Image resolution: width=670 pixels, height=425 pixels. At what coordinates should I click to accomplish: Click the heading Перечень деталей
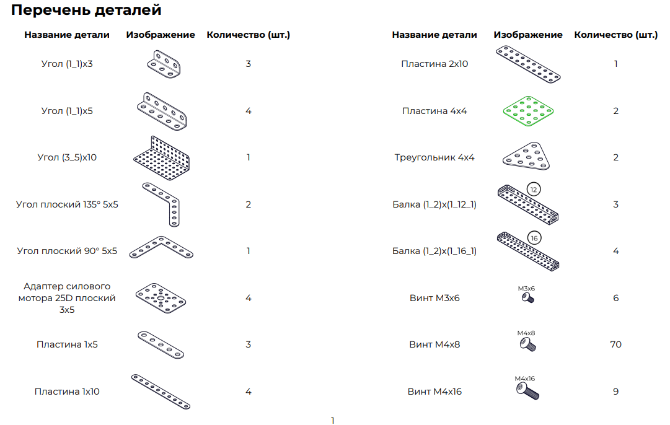[x=86, y=10]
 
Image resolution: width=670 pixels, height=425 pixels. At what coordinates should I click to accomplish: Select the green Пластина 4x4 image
[x=527, y=112]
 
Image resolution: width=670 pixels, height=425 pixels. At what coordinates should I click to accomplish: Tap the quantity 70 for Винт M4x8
[x=615, y=344]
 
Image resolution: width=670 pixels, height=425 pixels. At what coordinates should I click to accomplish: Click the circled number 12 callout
[x=533, y=188]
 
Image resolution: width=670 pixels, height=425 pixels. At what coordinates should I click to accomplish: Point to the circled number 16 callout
[x=534, y=238]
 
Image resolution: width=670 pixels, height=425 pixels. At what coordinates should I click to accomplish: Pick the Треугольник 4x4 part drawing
[x=526, y=157]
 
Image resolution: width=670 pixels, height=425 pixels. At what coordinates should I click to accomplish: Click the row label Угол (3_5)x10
[x=67, y=157]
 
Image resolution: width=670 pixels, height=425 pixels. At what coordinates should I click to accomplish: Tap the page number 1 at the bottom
[x=332, y=421]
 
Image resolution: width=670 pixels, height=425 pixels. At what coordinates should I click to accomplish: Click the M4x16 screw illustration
[x=527, y=391]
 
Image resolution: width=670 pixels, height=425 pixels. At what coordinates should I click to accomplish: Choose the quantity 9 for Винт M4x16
[x=615, y=392]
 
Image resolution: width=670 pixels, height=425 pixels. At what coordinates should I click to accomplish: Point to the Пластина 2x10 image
[x=529, y=64]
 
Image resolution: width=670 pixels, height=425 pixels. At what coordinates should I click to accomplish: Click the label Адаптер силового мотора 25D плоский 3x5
[x=67, y=298]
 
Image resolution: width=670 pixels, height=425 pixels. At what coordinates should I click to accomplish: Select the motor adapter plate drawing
[x=161, y=298]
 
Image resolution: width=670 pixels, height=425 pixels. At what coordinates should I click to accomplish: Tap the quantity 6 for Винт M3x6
[x=615, y=298]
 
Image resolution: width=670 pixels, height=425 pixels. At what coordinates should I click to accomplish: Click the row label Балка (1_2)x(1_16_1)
[x=434, y=251]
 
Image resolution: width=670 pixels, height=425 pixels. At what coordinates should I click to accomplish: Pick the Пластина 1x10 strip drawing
[x=161, y=392]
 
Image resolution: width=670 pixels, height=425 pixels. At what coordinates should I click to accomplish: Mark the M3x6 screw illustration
[x=527, y=299]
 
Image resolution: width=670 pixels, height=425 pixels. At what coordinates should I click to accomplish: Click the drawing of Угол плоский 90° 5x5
[x=161, y=247]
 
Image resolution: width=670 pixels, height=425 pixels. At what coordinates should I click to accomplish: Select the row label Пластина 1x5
[x=67, y=344]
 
